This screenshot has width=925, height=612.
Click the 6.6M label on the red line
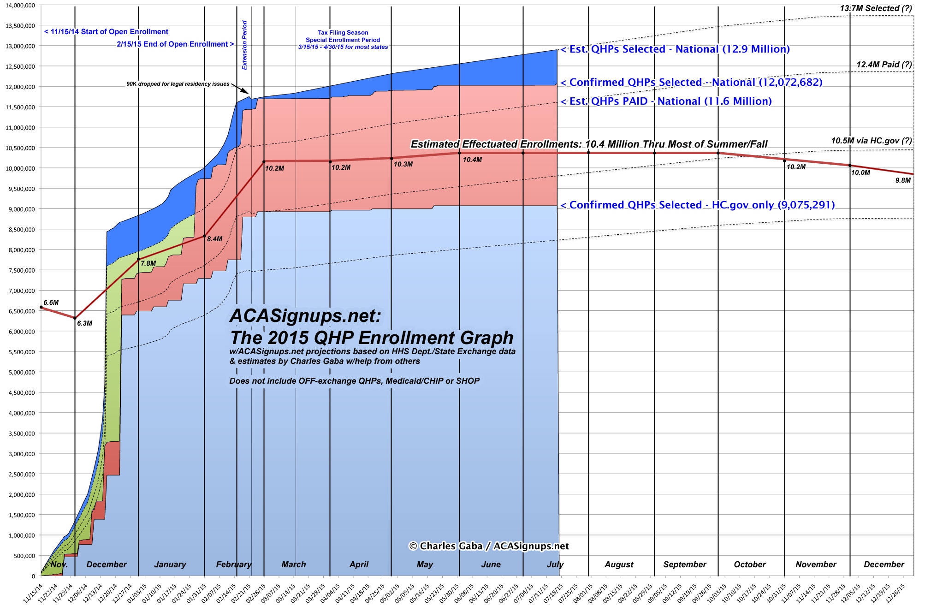pyautogui.click(x=51, y=303)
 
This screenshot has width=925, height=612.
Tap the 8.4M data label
pyautogui.click(x=214, y=239)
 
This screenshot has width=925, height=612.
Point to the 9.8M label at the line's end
pyautogui.click(x=903, y=180)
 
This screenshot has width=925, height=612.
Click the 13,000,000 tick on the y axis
pyautogui.click(x=20, y=46)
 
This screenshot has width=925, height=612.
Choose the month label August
pyautogui.click(x=619, y=564)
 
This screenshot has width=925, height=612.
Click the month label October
pyautogui.click(x=750, y=564)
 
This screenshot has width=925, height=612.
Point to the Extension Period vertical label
pyautogui.click(x=245, y=45)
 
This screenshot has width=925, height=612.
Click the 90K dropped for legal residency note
pyautogui.click(x=178, y=84)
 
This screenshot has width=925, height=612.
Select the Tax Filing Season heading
pyautogui.click(x=343, y=33)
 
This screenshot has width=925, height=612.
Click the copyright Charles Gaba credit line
pyautogui.click(x=489, y=546)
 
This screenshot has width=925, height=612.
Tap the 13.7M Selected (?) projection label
pyautogui.click(x=876, y=8)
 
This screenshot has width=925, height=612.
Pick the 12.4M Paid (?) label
pyautogui.click(x=884, y=65)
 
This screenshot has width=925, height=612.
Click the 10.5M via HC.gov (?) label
pyautogui.click(x=871, y=141)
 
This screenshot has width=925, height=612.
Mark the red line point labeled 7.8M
pyautogui.click(x=139, y=259)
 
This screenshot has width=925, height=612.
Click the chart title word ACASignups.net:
pyautogui.click(x=305, y=316)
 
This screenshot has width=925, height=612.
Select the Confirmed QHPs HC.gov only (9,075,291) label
pyautogui.click(x=698, y=205)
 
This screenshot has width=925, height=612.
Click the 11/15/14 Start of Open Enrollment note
pyautogui.click(x=106, y=32)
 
